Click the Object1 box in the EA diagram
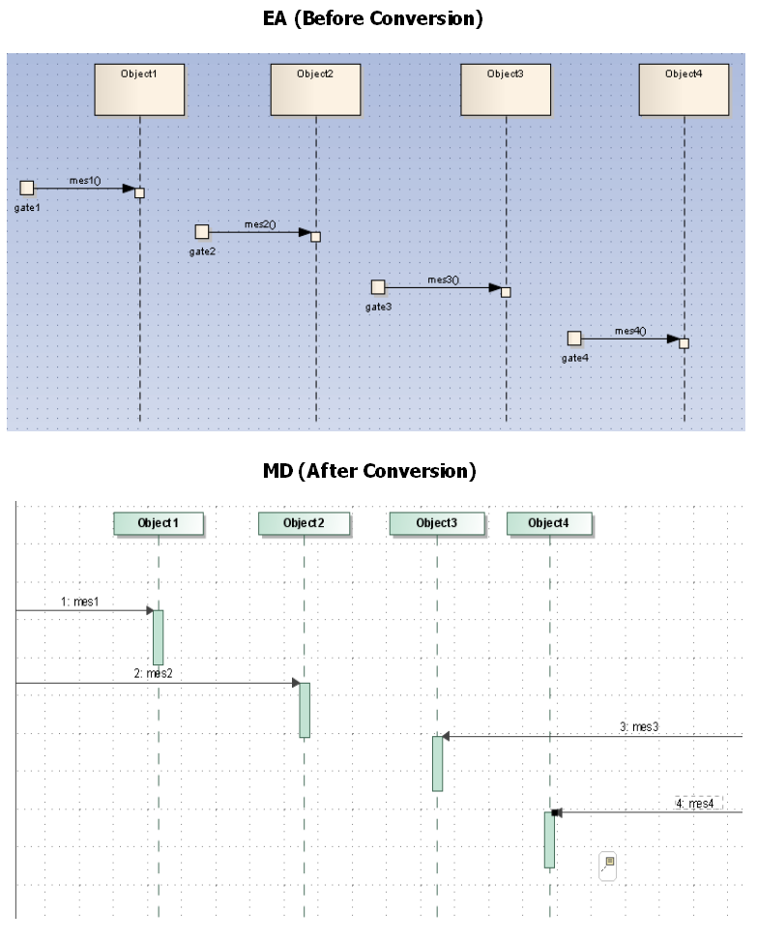(139, 90)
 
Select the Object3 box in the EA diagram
(506, 90)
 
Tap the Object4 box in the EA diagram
(684, 90)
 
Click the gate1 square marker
(27, 188)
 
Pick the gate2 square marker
(202, 232)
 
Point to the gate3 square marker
(378, 287)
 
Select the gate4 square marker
(574, 338)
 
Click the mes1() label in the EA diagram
(85, 181)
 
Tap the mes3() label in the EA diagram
(444, 280)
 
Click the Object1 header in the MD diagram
(159, 523)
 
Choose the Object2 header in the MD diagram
(304, 523)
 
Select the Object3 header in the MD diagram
(436, 523)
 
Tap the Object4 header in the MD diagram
(548, 523)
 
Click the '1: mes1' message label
(80, 602)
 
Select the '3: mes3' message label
(639, 726)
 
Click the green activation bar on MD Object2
(305, 710)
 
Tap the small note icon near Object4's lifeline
(608, 863)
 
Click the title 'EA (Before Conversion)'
(372, 18)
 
